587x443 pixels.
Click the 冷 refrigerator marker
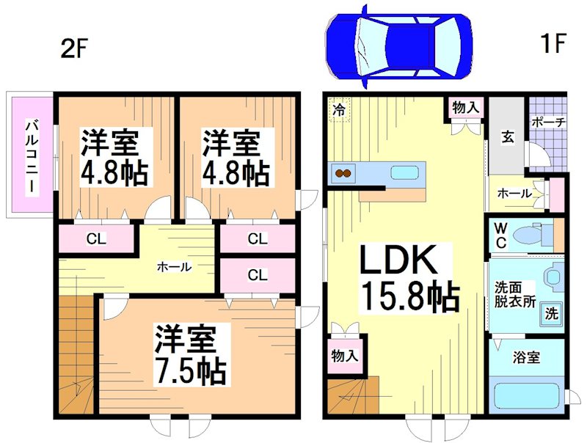coord(340,109)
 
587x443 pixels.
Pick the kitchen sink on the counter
coord(404,173)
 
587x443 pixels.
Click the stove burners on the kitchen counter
coord(343,174)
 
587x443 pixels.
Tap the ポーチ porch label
coord(547,122)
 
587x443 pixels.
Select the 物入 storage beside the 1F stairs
coord(344,356)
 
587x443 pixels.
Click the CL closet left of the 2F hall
coord(94,238)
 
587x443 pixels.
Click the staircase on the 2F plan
coord(76,359)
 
